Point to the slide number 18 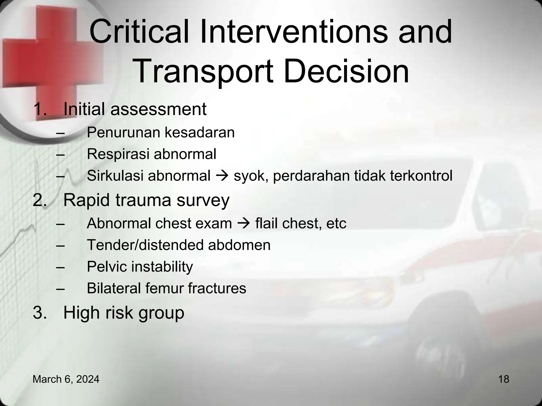[503, 379]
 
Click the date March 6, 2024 [66, 379]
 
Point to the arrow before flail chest [243, 224]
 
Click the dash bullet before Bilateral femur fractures [60, 289]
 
